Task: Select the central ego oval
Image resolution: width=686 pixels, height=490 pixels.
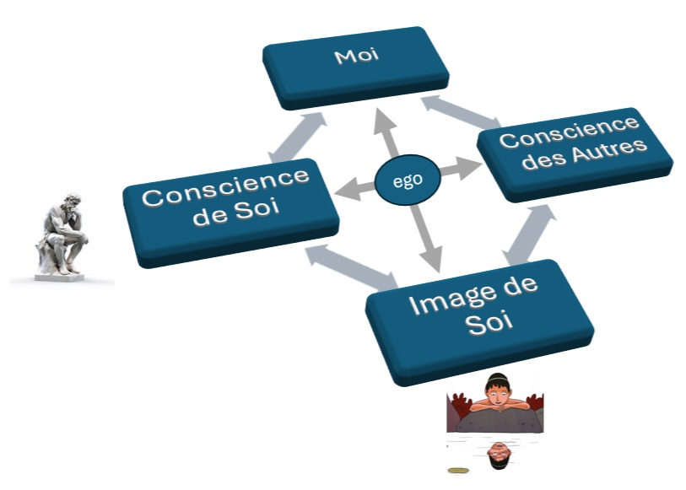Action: coord(408,180)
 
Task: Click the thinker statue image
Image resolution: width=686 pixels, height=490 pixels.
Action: coord(63,236)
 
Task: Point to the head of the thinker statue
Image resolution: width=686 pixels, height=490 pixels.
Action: coord(73,200)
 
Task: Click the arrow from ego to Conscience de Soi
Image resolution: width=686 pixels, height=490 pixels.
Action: coord(354,190)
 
